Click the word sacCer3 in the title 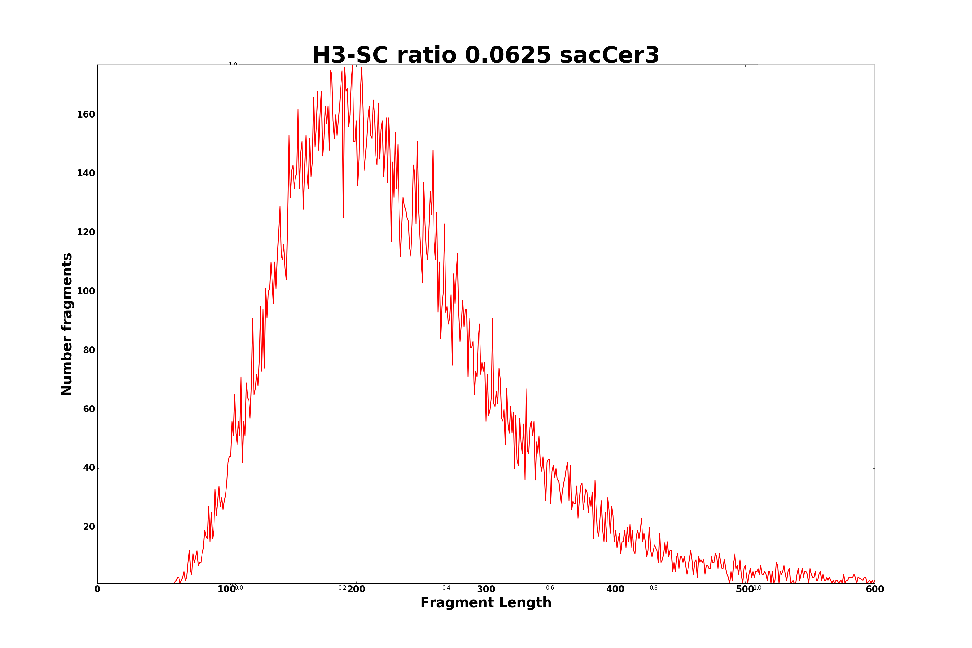pyautogui.click(x=609, y=55)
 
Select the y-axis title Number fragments pyautogui.click(x=67, y=324)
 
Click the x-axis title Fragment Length pyautogui.click(x=486, y=603)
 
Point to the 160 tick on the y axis pyautogui.click(x=86, y=115)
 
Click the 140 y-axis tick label pyautogui.click(x=86, y=174)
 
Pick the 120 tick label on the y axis pyautogui.click(x=86, y=233)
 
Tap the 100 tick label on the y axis pyautogui.click(x=86, y=291)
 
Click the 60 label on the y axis pyautogui.click(x=89, y=410)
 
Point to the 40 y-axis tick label pyautogui.click(x=89, y=468)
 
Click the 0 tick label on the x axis pyautogui.click(x=98, y=590)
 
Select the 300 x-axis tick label pyautogui.click(x=486, y=590)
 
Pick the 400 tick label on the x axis pyautogui.click(x=615, y=590)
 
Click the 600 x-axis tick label pyautogui.click(x=874, y=590)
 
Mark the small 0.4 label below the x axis pyautogui.click(x=446, y=588)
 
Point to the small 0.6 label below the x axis pyautogui.click(x=550, y=588)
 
